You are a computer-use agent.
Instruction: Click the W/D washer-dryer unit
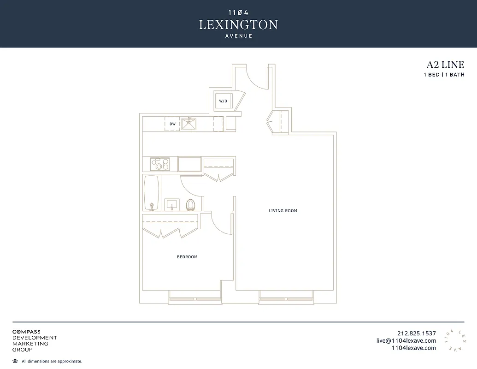[223, 101]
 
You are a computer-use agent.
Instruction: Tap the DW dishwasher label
[172, 124]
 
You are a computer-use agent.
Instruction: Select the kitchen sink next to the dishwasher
[188, 124]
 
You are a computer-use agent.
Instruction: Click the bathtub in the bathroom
[152, 192]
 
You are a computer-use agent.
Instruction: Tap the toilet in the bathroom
[190, 204]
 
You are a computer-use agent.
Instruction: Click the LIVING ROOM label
[283, 211]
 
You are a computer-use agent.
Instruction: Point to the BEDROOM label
[187, 257]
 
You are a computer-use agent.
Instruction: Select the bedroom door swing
[221, 224]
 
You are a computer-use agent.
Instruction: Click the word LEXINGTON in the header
[238, 24]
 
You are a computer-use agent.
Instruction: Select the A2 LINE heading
[445, 65]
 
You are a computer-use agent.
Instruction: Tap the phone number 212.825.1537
[416, 333]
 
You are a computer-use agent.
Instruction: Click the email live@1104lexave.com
[406, 340]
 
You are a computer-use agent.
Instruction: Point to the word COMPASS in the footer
[26, 332]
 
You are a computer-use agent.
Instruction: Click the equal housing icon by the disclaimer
[15, 361]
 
